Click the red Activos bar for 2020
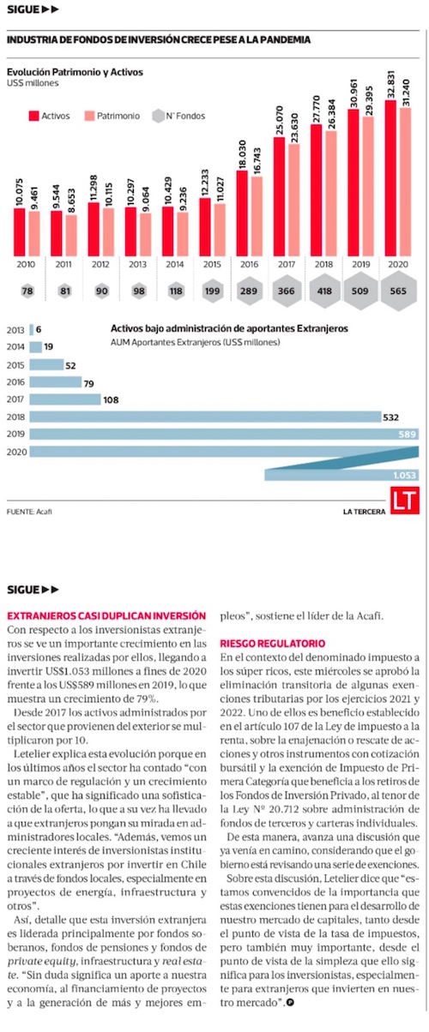tap(390, 177)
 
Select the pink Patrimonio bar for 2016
tap(257, 216)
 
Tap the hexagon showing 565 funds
tap(398, 291)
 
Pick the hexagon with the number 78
tap(27, 291)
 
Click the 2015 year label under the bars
tap(212, 265)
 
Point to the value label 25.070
tap(280, 121)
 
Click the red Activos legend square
tap(33, 116)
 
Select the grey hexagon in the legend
tap(158, 116)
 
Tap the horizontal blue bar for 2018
tap(205, 417)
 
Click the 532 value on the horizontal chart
tap(390, 417)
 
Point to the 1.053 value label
tap(405, 475)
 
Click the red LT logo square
tap(405, 501)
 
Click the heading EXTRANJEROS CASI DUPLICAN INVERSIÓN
tap(106, 615)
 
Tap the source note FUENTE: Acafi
tap(29, 512)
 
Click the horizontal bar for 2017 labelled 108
tap(65, 399)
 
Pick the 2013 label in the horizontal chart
tap(15, 330)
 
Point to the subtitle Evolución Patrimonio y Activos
tap(75, 72)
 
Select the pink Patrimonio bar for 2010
tap(34, 234)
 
